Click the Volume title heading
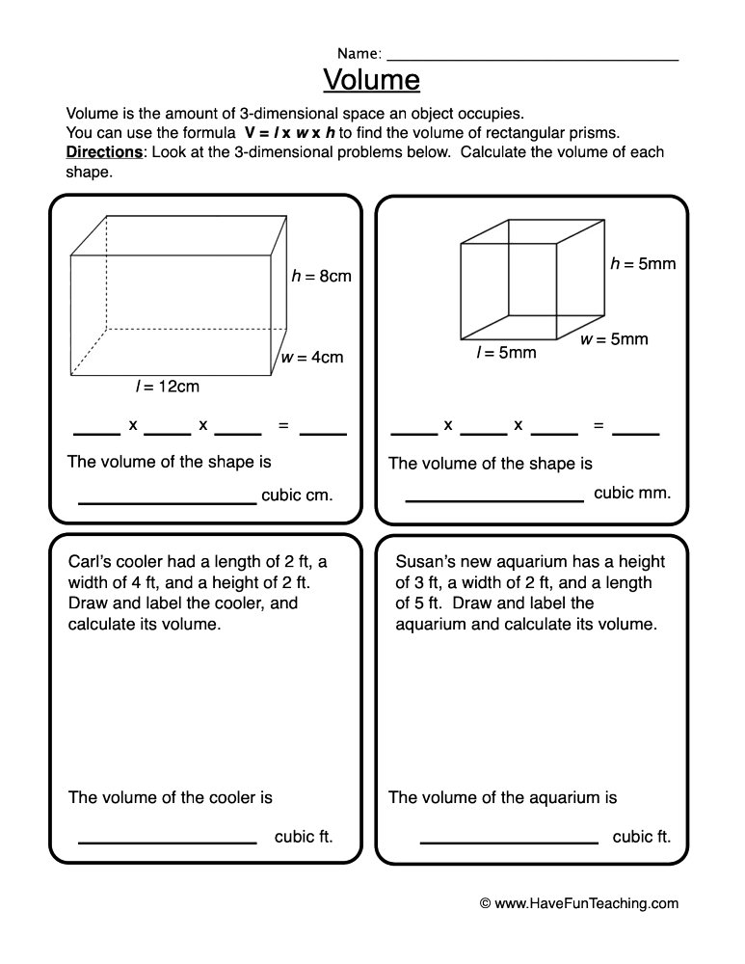tap(371, 76)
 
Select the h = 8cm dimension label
tap(321, 277)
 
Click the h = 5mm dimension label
tap(643, 263)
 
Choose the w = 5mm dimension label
tap(614, 339)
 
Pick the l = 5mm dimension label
tap(506, 353)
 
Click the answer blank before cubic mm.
tap(494, 500)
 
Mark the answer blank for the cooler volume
tap(167, 842)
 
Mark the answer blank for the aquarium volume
tap(509, 842)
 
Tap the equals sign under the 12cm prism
tap(283, 425)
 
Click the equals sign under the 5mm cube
tap(599, 425)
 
